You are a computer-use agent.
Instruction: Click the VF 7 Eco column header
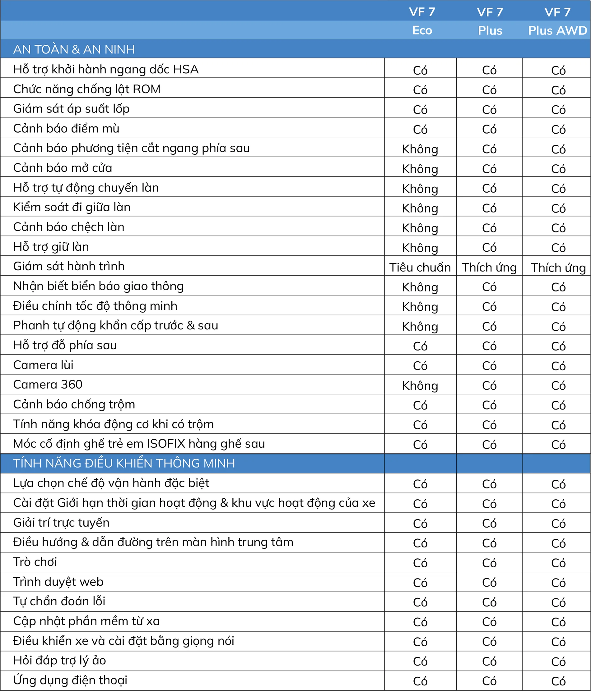click(x=422, y=21)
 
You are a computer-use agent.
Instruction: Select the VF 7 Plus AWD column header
click(x=557, y=21)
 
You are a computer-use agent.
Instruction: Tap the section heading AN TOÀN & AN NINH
click(x=74, y=49)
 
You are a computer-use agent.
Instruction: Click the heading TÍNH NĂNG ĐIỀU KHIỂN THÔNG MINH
click(x=124, y=463)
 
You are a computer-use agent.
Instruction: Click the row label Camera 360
click(x=48, y=385)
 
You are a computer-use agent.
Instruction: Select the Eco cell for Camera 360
click(x=420, y=386)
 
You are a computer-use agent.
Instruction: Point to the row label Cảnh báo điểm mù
click(x=66, y=128)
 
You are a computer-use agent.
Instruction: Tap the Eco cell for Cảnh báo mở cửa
click(x=420, y=169)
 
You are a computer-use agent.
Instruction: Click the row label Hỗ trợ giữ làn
click(x=51, y=247)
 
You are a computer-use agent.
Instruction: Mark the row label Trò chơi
click(x=35, y=562)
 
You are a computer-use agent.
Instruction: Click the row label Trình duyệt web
click(x=58, y=582)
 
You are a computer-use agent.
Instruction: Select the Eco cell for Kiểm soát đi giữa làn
click(x=420, y=208)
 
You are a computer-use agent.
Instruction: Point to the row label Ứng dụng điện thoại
click(x=70, y=680)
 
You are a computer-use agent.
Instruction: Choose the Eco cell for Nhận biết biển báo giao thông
click(x=420, y=287)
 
